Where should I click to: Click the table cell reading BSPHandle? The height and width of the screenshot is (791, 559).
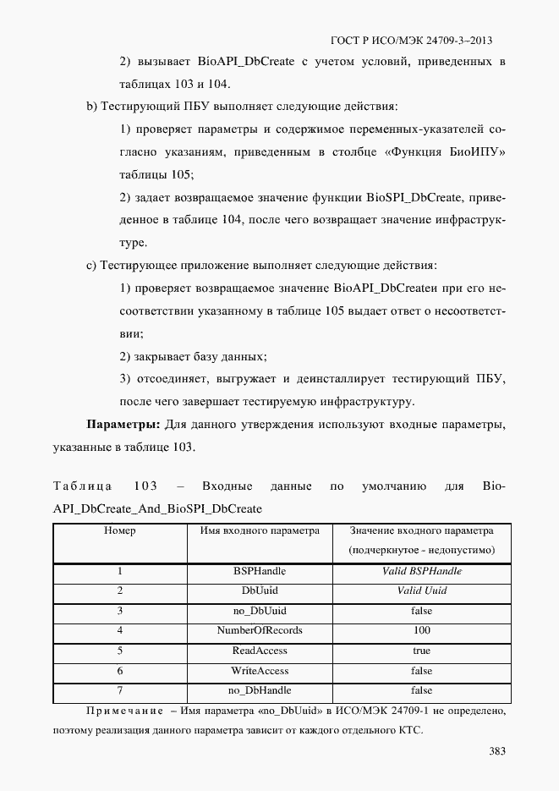(260, 571)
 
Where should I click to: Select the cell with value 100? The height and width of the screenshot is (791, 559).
(421, 630)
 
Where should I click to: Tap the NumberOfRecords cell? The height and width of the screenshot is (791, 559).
(260, 630)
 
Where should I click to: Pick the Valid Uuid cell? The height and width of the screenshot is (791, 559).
(421, 591)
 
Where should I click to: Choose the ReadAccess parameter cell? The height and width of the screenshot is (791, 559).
(260, 651)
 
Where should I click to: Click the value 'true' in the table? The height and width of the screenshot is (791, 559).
(421, 651)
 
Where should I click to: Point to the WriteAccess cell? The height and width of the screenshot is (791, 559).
(260, 670)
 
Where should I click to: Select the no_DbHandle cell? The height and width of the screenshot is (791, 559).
(260, 690)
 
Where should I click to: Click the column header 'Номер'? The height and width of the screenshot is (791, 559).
(120, 531)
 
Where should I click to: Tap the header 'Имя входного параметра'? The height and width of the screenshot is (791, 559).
(260, 531)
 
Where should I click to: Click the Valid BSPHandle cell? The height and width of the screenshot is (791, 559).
(421, 571)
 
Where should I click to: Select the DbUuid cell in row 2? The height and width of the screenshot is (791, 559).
(260, 591)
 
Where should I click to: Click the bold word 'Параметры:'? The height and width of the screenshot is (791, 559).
(123, 423)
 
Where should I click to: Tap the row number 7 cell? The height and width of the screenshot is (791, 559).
(120, 690)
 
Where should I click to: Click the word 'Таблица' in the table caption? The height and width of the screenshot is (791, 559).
(83, 486)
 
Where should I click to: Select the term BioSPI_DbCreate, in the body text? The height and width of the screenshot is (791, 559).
(413, 198)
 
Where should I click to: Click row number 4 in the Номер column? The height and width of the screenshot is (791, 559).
(120, 630)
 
